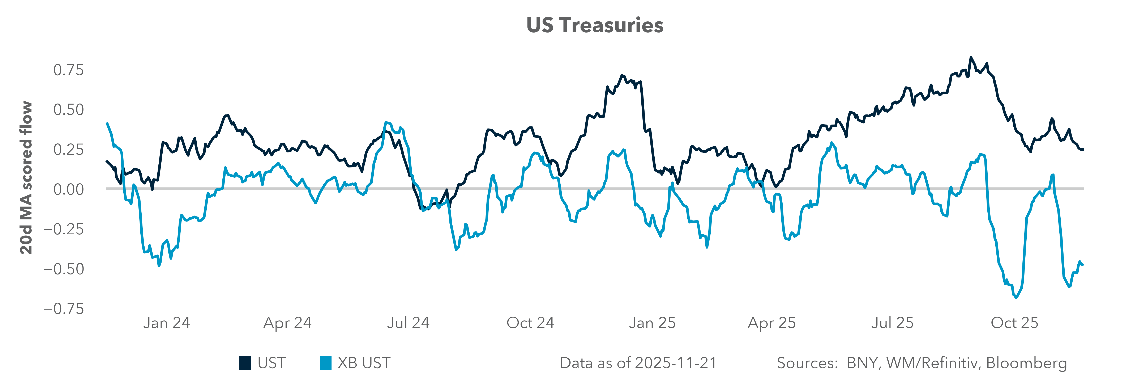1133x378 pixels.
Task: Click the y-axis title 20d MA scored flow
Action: coord(26,178)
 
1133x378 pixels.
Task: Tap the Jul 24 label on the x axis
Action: coord(408,323)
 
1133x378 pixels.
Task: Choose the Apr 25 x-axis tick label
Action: coord(772,323)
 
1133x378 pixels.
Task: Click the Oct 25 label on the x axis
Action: coord(1014,323)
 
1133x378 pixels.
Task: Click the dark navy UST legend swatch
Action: coord(245,363)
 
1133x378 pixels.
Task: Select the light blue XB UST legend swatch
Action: coord(325,363)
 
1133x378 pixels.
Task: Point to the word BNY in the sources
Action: coord(863,363)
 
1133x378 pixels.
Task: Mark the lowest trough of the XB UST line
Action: coord(1016,298)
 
